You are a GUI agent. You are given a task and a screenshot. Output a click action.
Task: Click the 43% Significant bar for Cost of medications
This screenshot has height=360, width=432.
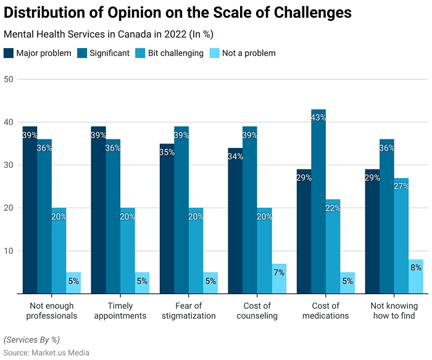pyautogui.click(x=318, y=202)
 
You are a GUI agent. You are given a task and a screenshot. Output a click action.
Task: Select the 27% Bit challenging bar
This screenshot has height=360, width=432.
pyautogui.click(x=401, y=236)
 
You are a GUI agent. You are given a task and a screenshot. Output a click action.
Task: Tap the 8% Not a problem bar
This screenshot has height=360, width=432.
pyautogui.click(x=416, y=277)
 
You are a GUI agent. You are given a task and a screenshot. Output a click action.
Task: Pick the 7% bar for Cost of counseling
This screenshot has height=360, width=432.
pyautogui.click(x=279, y=279)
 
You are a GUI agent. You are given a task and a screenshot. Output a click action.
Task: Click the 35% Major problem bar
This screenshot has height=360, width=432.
pyautogui.click(x=167, y=219)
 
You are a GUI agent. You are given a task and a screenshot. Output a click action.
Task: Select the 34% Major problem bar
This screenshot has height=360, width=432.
pyautogui.click(x=235, y=221)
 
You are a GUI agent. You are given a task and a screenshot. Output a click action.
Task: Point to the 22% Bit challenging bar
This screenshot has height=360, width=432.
pyautogui.click(x=333, y=247)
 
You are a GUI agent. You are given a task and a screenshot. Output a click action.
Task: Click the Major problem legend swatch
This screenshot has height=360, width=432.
pyautogui.click(x=9, y=53)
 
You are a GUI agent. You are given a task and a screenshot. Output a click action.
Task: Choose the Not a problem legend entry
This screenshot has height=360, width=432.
pyautogui.click(x=243, y=53)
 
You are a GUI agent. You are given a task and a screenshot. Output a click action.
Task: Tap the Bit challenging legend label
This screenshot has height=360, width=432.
pyautogui.click(x=176, y=53)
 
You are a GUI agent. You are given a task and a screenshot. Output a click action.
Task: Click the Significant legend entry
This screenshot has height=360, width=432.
pyautogui.click(x=103, y=53)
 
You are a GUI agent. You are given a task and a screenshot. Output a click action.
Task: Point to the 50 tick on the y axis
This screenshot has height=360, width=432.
pyautogui.click(x=9, y=80)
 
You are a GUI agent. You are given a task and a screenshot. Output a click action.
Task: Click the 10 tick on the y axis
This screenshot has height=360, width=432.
pyautogui.click(x=9, y=251)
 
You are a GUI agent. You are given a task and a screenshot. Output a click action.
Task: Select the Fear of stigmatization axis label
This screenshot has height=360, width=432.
pyautogui.click(x=189, y=311)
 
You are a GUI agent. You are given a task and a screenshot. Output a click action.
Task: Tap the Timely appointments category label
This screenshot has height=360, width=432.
pyautogui.click(x=120, y=311)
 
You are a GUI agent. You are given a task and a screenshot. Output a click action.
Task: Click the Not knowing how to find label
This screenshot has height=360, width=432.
pyautogui.click(x=394, y=311)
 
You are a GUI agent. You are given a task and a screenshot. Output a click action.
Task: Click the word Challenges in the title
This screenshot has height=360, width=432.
pyautogui.click(x=313, y=13)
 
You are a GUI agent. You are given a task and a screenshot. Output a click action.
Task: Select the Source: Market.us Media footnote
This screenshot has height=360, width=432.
pyautogui.click(x=46, y=353)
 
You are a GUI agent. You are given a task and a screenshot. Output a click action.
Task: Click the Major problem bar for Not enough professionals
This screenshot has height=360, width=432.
pyautogui.click(x=30, y=210)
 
